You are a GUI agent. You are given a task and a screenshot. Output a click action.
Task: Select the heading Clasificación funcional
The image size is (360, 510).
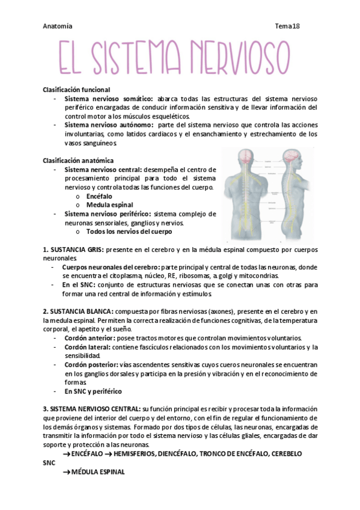coord(76,89)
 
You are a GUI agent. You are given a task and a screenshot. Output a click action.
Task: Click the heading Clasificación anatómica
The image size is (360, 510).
coord(78,161)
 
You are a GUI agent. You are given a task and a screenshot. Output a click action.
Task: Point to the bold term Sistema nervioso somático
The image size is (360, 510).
coord(108,99)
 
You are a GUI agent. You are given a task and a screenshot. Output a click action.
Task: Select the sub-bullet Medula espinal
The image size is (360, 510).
coord(109,205)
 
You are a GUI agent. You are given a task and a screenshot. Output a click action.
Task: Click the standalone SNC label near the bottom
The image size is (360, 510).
coord(49,464)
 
